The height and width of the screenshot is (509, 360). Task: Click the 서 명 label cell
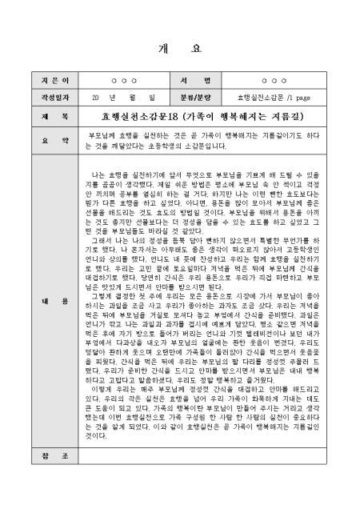pyautogui.click(x=203, y=82)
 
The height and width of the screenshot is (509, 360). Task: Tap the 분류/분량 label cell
pyautogui.click(x=203, y=98)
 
